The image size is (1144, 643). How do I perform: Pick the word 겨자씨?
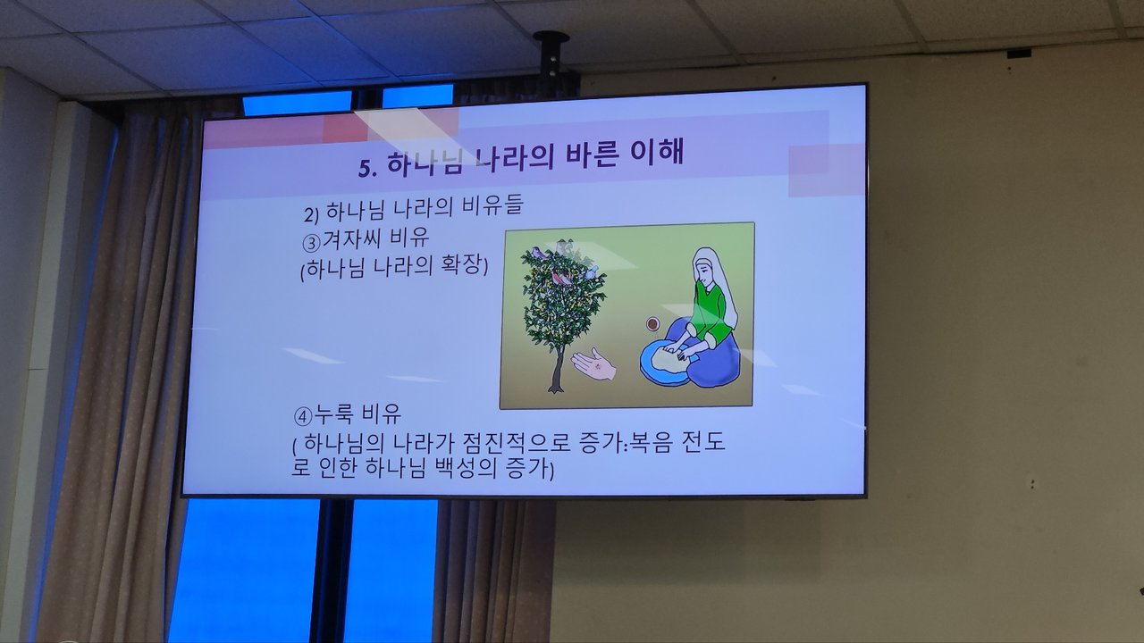351,239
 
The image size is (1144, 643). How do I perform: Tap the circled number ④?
303,416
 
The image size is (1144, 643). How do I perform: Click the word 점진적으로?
516,442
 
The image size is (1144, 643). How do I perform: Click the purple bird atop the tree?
538,253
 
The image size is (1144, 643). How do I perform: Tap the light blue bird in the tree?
592,271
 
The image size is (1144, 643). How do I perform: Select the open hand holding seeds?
593,363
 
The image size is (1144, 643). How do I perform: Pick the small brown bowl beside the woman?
652,323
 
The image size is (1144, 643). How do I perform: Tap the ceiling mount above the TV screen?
551,56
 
